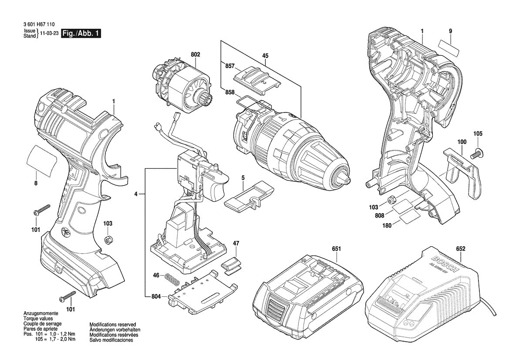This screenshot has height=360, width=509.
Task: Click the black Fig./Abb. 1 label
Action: [x=81, y=34]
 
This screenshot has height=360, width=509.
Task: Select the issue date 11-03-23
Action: [x=49, y=34]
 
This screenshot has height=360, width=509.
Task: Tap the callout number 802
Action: [x=195, y=54]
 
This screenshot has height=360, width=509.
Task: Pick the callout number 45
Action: [x=265, y=55]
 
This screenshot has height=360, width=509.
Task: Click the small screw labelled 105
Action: [x=477, y=153]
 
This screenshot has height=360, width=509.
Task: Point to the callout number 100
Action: [x=462, y=142]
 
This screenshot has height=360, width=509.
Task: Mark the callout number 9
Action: [x=450, y=31]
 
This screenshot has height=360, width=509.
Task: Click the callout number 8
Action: [x=36, y=183]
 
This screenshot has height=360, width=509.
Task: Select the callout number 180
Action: [x=386, y=225]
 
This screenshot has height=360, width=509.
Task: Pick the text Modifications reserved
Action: [x=112, y=325]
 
